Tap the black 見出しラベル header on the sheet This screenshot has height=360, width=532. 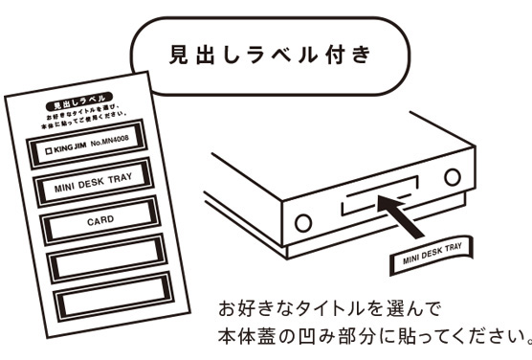click(68, 99)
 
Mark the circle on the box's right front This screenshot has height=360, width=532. click(452, 177)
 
